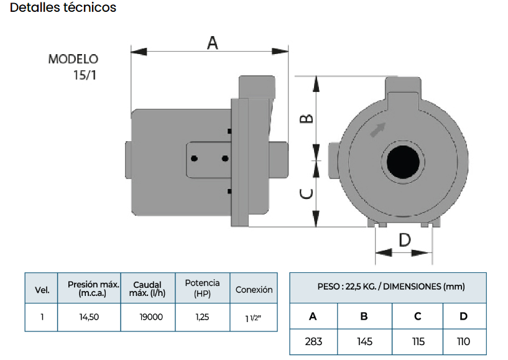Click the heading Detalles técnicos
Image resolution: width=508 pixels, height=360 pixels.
coord(63,7)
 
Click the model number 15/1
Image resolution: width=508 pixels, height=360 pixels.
coord(85,75)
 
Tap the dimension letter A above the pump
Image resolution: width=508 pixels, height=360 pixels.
coord(213,43)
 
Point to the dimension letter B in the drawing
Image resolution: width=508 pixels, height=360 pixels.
coord(307,119)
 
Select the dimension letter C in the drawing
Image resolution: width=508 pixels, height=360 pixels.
coord(307,194)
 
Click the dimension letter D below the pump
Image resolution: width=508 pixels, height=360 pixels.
coord(405,240)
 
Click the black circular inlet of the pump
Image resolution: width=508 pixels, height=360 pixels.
coord(403,162)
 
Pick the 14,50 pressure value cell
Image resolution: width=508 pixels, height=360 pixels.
coord(89,317)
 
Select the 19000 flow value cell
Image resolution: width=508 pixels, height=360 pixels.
coord(151,317)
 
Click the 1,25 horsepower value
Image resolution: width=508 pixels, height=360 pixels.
coord(202,317)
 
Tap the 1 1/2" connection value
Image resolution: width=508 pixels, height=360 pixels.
coord(253,318)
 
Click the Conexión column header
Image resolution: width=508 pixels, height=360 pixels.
coord(254,289)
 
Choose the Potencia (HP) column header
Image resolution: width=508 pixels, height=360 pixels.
coord(202,288)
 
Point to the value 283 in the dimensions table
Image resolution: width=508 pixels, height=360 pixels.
coord(313,341)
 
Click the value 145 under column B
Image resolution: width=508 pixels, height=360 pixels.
coord(364,341)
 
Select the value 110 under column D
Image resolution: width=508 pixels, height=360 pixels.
coord(463,341)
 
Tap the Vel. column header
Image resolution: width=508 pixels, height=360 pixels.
coord(42,290)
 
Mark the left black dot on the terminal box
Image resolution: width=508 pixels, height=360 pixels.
coord(194,159)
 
